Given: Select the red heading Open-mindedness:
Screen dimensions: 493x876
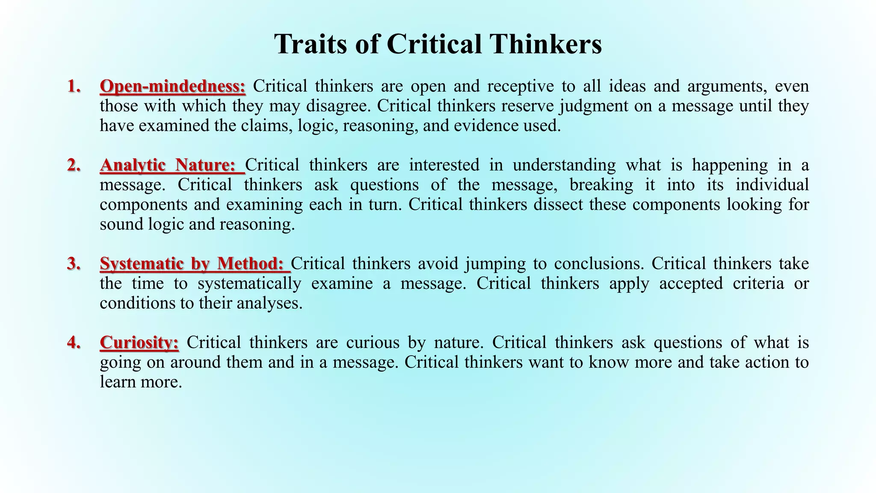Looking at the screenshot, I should click(172, 86).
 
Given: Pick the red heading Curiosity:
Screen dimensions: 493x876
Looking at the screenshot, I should click(139, 342).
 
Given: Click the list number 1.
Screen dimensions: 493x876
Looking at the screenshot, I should click(74, 86).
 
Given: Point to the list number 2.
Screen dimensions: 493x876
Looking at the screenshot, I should click(74, 165).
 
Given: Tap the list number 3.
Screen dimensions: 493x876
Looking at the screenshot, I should click(74, 264).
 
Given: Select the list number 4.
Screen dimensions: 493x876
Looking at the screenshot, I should click(74, 342).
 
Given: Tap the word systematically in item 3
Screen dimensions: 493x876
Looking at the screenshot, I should click(249, 283).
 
